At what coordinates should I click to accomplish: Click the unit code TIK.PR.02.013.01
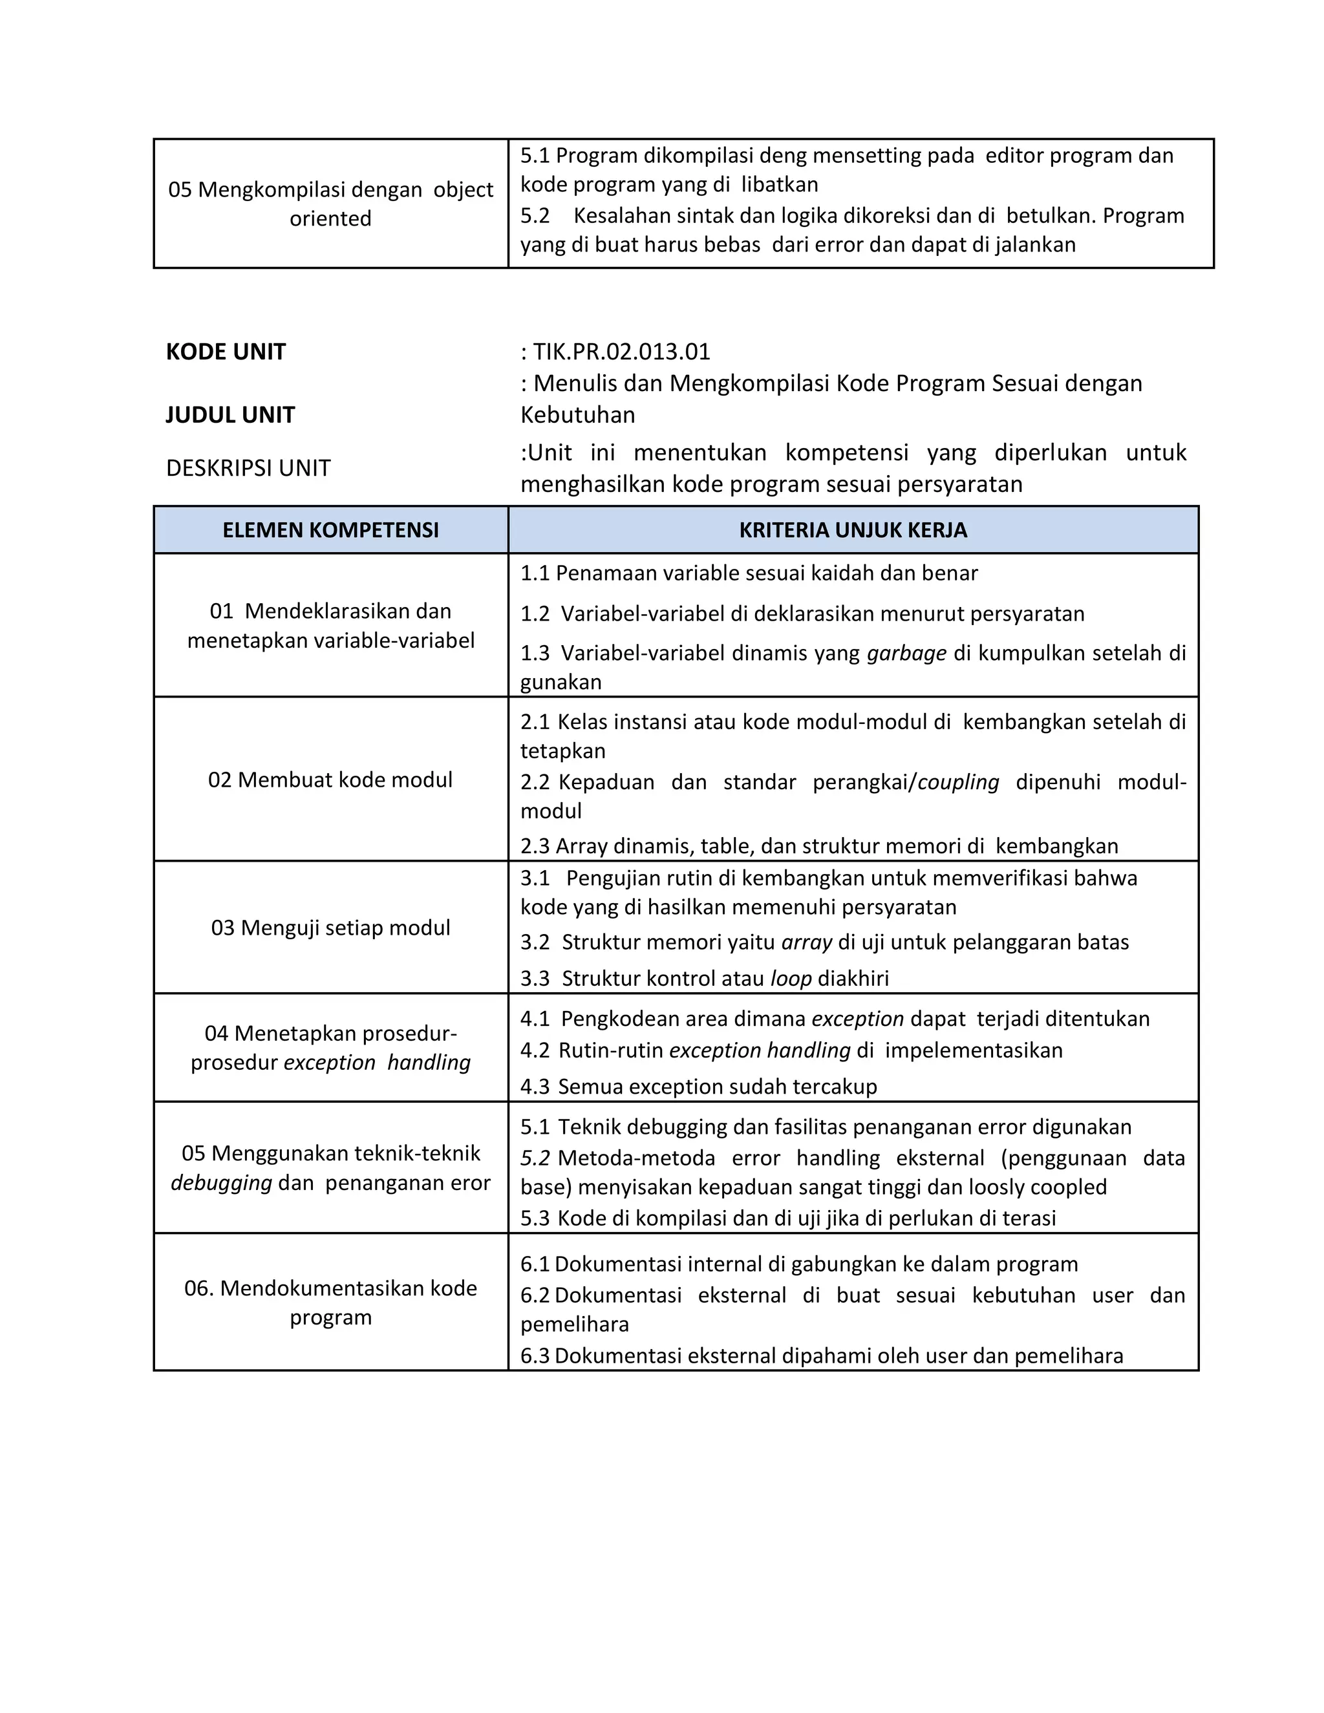pyautogui.click(x=621, y=352)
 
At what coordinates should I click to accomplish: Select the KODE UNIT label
pyautogui.click(x=226, y=352)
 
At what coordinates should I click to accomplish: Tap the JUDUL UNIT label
pyautogui.click(x=230, y=415)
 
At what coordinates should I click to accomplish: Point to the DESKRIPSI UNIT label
pyautogui.click(x=248, y=468)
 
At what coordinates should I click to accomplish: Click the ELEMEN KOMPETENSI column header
pyautogui.click(x=330, y=530)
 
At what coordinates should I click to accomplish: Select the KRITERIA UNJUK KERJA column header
pyautogui.click(x=853, y=530)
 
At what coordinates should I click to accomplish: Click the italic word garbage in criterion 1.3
pyautogui.click(x=907, y=654)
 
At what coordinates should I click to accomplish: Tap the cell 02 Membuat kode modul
pyautogui.click(x=330, y=780)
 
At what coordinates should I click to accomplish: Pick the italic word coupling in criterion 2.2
pyautogui.click(x=959, y=782)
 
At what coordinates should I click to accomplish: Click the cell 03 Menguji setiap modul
pyautogui.click(x=330, y=928)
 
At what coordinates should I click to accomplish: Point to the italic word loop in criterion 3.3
pyautogui.click(x=791, y=979)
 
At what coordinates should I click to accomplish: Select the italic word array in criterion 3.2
pyautogui.click(x=806, y=942)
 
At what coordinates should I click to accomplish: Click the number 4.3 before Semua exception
pyautogui.click(x=535, y=1087)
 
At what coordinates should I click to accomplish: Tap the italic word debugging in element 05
pyautogui.click(x=221, y=1183)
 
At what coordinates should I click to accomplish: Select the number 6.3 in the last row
pyautogui.click(x=535, y=1356)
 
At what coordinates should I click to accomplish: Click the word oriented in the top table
pyautogui.click(x=330, y=219)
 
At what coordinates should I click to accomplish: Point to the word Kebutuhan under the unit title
pyautogui.click(x=578, y=415)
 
